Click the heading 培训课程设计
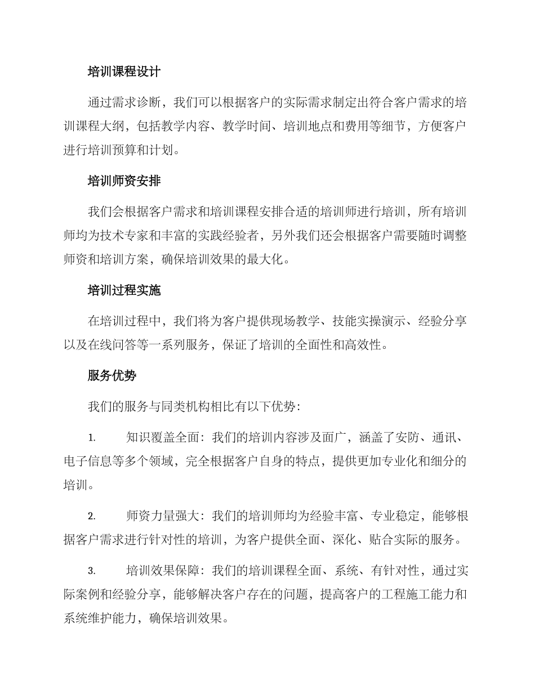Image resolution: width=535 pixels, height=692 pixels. pyautogui.click(x=124, y=72)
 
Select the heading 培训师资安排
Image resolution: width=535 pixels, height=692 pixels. pyautogui.click(x=124, y=181)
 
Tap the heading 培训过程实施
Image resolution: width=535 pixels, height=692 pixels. pyautogui.click(x=124, y=290)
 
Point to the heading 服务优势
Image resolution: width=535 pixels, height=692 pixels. pyautogui.click(x=112, y=376)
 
